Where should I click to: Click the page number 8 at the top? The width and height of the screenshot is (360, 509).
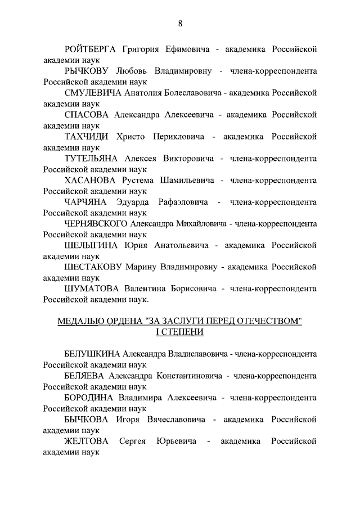coord(180,23)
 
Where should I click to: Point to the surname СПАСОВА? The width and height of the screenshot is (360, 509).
coord(87,115)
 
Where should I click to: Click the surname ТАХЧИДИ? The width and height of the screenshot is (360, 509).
coord(86,137)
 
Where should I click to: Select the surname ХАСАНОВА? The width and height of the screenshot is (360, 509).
coord(90,181)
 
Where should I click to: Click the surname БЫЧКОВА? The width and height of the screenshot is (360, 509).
coord(88,420)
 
